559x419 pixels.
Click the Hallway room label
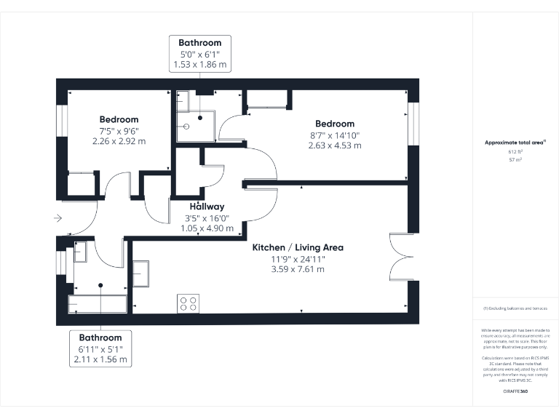coord(207,207)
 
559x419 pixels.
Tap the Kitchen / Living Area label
coord(298,247)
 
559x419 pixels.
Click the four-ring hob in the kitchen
coord(188,303)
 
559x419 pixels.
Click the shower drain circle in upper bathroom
coord(187,125)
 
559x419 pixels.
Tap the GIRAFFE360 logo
coord(515,391)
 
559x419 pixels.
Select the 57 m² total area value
coord(515,158)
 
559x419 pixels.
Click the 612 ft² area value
coord(515,151)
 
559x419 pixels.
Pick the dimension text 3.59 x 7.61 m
coord(298,269)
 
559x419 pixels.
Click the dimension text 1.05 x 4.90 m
coord(207,228)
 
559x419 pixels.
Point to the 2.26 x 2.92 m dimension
coord(119,141)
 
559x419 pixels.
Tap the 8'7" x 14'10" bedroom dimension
coord(335,135)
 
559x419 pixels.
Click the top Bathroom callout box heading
coord(200,43)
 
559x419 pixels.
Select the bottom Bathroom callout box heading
coord(100,338)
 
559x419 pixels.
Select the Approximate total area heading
coord(515,143)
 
